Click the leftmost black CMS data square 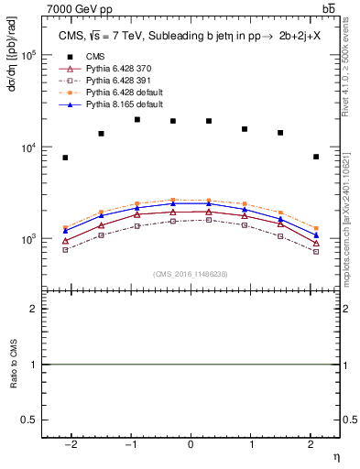[x=65, y=158]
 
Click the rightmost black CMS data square [x=315, y=157]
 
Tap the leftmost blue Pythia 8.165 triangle [x=65, y=231]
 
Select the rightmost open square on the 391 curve [x=315, y=251]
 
